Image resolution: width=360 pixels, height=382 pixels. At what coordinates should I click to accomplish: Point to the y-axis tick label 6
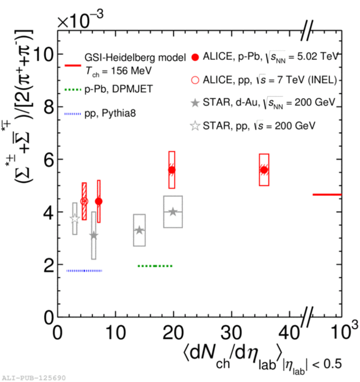(47, 159)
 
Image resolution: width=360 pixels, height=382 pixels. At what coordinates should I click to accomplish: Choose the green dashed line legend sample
(71, 90)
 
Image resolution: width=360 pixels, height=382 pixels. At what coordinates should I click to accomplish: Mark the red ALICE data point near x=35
(264, 170)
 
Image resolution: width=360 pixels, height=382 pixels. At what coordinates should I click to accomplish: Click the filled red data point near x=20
(172, 170)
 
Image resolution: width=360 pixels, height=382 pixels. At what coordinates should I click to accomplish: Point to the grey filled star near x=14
(139, 230)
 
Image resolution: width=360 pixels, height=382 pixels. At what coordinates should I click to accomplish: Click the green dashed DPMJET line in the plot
(154, 266)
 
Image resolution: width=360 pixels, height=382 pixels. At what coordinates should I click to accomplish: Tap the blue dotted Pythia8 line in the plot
(84, 271)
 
